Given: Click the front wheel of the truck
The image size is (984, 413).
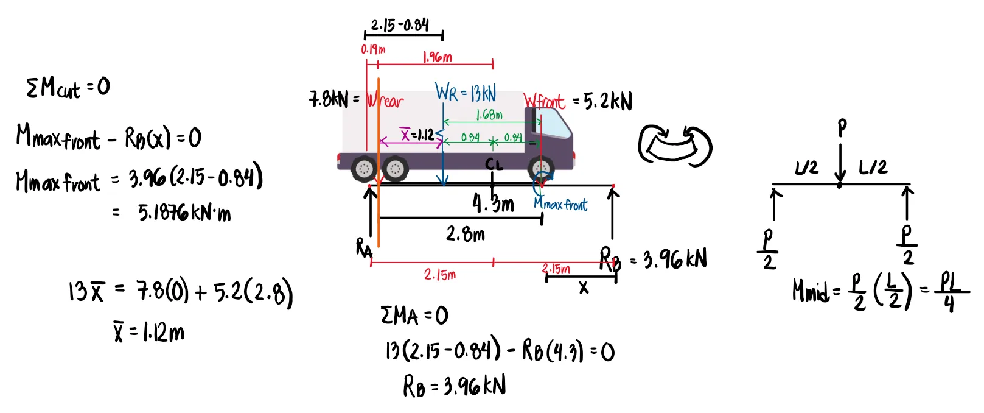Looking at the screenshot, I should [x=540, y=169].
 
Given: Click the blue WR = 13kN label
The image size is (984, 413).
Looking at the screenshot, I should [x=466, y=93].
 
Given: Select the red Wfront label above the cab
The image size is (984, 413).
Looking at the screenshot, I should [x=544, y=101].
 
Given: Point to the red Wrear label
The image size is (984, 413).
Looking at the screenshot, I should [x=385, y=101].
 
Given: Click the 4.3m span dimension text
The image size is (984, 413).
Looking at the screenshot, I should [x=493, y=203].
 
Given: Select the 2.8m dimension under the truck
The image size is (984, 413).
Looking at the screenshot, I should [x=466, y=234].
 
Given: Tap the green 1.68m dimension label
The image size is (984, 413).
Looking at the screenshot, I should [x=489, y=115].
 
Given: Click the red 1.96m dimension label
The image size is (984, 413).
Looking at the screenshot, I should [x=438, y=57].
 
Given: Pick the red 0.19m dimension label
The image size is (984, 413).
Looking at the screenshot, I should [x=373, y=49].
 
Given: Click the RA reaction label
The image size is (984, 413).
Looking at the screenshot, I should [x=364, y=248].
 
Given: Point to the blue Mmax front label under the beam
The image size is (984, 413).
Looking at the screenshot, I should [x=560, y=205].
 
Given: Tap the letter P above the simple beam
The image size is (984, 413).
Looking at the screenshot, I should [x=842, y=127].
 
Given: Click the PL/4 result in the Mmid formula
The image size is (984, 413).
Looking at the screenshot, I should [x=949, y=292].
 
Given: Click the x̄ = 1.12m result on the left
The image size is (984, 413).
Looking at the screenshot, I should [x=149, y=333].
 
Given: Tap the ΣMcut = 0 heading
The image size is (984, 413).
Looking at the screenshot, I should [x=68, y=88].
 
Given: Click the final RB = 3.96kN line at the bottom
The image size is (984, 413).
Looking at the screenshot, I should [x=454, y=386].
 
